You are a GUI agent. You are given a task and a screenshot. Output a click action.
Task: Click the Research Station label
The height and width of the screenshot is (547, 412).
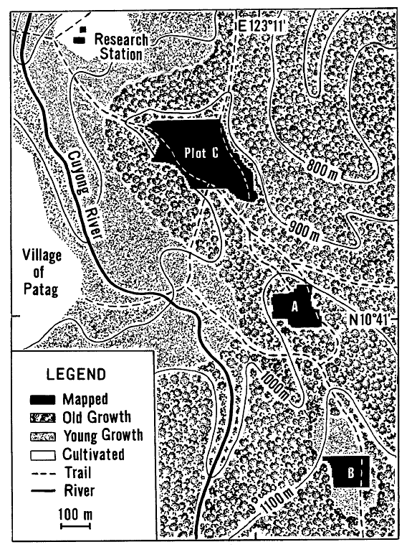120,47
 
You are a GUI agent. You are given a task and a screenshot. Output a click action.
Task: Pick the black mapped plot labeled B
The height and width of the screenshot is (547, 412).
346,472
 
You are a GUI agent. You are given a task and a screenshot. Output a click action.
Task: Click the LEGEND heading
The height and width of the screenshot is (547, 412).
75,374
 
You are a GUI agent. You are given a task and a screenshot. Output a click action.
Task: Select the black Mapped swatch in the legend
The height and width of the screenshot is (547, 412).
44,400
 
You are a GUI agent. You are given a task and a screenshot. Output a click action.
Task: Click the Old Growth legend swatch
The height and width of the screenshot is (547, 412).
44,418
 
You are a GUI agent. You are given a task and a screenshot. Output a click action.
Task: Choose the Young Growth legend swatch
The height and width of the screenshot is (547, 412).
44,436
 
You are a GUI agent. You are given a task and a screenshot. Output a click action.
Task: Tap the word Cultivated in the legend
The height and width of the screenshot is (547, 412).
92,454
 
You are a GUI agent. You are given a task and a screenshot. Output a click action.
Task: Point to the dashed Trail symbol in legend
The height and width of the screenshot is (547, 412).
44,473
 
